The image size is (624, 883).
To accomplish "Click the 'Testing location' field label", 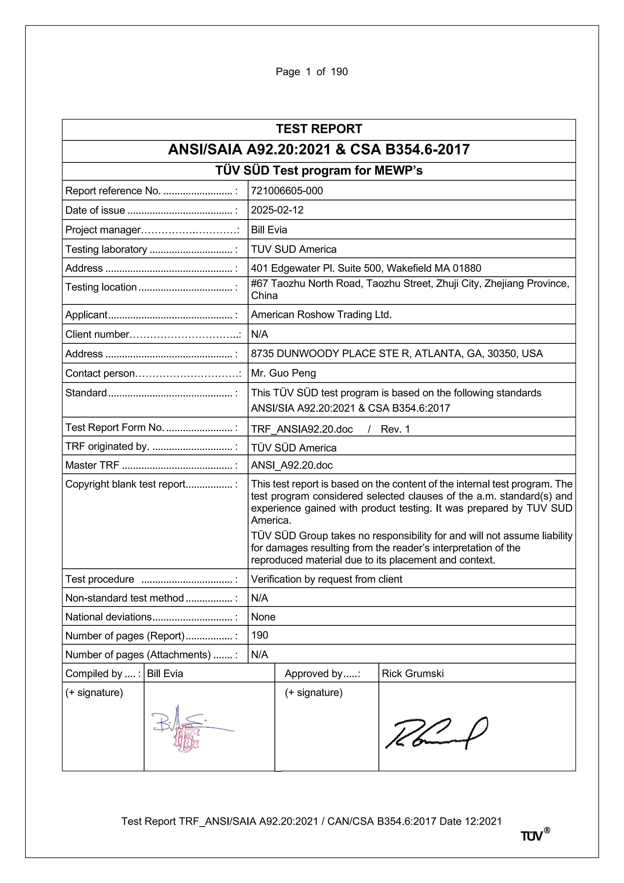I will coord(101,287).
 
